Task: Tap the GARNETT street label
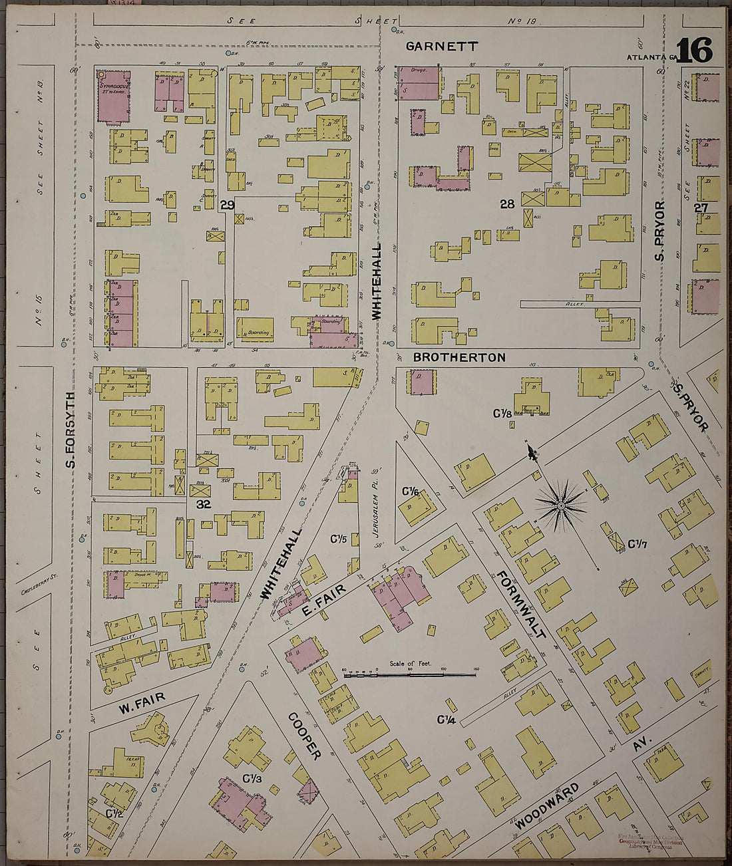[x=442, y=47]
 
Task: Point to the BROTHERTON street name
[x=459, y=357]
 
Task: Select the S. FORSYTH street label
[x=71, y=429]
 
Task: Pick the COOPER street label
[x=305, y=736]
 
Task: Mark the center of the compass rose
[x=561, y=507]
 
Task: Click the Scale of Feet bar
[x=409, y=674]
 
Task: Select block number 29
[x=227, y=206]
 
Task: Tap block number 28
[x=507, y=204]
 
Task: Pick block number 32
[x=203, y=504]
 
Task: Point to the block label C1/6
[x=410, y=492]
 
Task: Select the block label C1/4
[x=446, y=720]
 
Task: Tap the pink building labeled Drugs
[x=419, y=83]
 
